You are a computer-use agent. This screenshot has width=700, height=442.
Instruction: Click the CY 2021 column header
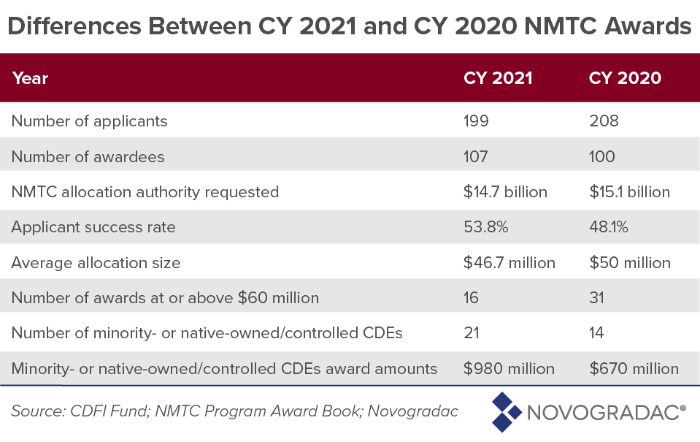point(498,78)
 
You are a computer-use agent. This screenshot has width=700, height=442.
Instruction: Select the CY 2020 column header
point(625,78)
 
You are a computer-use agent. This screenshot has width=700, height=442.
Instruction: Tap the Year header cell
point(30,78)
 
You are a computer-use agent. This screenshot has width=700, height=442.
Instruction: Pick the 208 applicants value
point(604,121)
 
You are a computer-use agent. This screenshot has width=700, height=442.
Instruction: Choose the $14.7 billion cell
point(505,192)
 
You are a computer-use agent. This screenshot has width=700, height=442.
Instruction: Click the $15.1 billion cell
point(629,192)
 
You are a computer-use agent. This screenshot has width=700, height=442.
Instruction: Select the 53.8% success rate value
point(485,227)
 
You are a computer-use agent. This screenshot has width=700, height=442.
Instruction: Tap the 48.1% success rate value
point(609,227)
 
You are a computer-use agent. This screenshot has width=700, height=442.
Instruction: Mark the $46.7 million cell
point(509,262)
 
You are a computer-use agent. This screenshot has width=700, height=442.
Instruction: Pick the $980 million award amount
point(509,369)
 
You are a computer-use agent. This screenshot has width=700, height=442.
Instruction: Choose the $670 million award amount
point(634,369)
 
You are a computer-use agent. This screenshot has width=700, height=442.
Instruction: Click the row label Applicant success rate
point(93,227)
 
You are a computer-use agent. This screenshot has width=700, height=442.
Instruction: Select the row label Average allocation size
point(96,262)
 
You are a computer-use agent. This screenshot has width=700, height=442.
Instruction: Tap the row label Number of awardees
point(88,156)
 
